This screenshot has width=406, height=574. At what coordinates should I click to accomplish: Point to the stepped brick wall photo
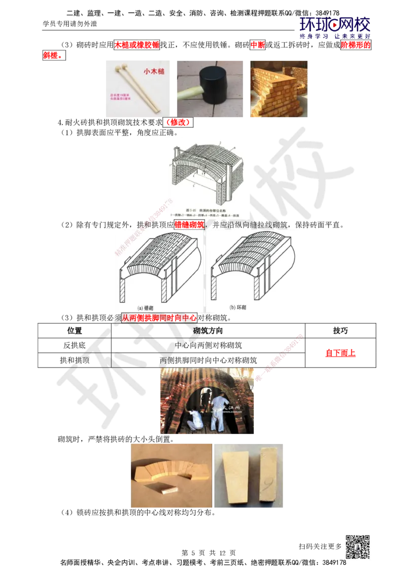(x=278, y=87)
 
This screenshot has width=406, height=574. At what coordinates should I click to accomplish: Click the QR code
(x=357, y=547)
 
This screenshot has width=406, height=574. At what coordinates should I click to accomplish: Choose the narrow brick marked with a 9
(x=268, y=475)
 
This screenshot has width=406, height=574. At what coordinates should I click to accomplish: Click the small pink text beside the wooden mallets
(x=120, y=97)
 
